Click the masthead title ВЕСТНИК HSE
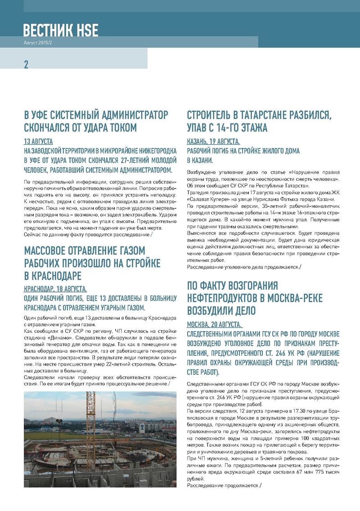[x=61, y=30]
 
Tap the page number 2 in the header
[x=26, y=64]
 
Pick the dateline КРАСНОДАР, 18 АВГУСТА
[x=55, y=289]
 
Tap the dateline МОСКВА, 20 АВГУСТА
[x=214, y=324]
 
